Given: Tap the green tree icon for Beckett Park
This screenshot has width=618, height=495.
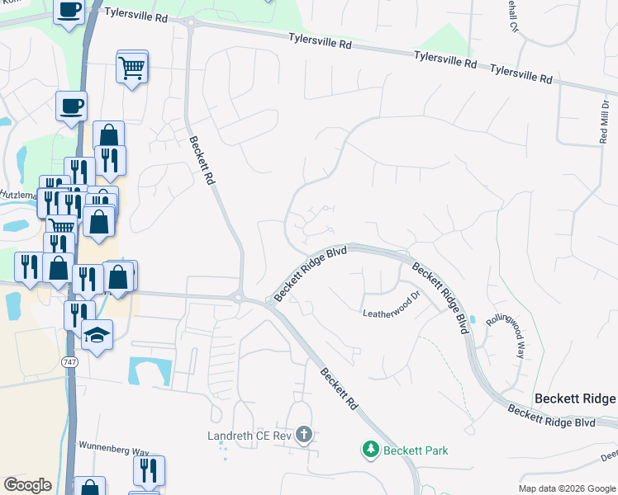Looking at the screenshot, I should [370, 450].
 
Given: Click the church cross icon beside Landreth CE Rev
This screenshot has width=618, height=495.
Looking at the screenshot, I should [304, 434].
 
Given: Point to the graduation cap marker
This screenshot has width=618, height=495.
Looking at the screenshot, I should [97, 336].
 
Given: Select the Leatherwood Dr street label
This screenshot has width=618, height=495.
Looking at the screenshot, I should [392, 307].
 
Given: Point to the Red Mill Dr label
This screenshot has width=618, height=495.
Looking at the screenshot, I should [603, 120].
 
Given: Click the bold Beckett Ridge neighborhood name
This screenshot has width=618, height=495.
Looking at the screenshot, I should [575, 398].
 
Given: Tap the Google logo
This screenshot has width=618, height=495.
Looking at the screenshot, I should [28, 485].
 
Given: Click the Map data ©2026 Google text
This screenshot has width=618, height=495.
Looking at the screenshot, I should [566, 488].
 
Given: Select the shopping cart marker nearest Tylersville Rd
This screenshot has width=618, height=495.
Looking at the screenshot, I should [132, 68].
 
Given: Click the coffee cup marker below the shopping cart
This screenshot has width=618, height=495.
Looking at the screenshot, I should [71, 106].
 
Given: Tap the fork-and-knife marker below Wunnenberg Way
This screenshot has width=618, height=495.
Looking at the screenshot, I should [149, 470].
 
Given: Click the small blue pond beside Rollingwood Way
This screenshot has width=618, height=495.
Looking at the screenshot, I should [472, 319].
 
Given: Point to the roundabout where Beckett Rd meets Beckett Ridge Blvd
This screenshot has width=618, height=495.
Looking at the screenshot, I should [240, 297].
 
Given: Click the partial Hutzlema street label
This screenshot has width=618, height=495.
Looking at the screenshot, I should [18, 194].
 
